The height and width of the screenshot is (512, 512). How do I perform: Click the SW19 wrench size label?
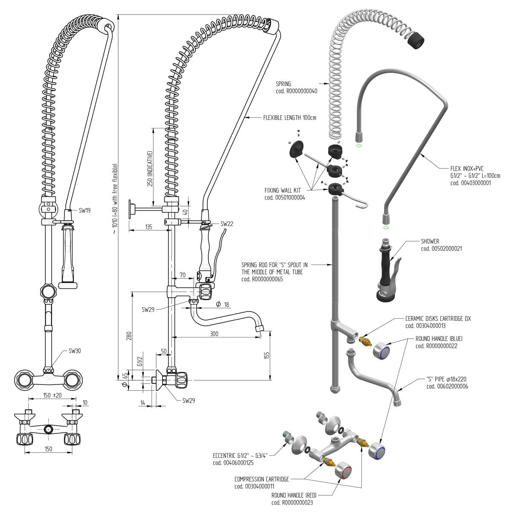click(84, 210)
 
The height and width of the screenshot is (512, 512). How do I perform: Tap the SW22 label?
click(227, 224)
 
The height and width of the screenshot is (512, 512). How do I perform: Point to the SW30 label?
click(75, 351)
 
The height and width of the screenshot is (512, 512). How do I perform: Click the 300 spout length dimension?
click(214, 334)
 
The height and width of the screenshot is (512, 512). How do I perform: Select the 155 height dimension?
click(267, 355)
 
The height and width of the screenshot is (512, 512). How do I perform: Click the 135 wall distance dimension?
click(148, 227)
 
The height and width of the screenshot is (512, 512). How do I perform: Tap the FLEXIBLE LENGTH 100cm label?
click(290, 118)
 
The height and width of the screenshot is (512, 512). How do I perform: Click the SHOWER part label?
click(430, 241)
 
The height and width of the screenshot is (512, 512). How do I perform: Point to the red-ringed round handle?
click(343, 471)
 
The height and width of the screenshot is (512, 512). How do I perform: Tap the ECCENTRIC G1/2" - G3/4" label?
click(239, 455)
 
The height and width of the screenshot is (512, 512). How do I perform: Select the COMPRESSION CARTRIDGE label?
click(262, 479)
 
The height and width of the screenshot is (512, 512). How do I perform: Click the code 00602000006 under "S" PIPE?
click(447, 386)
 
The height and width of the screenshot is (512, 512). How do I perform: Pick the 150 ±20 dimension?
click(52, 395)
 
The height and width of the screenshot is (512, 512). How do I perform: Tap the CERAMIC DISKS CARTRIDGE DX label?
click(438, 319)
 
